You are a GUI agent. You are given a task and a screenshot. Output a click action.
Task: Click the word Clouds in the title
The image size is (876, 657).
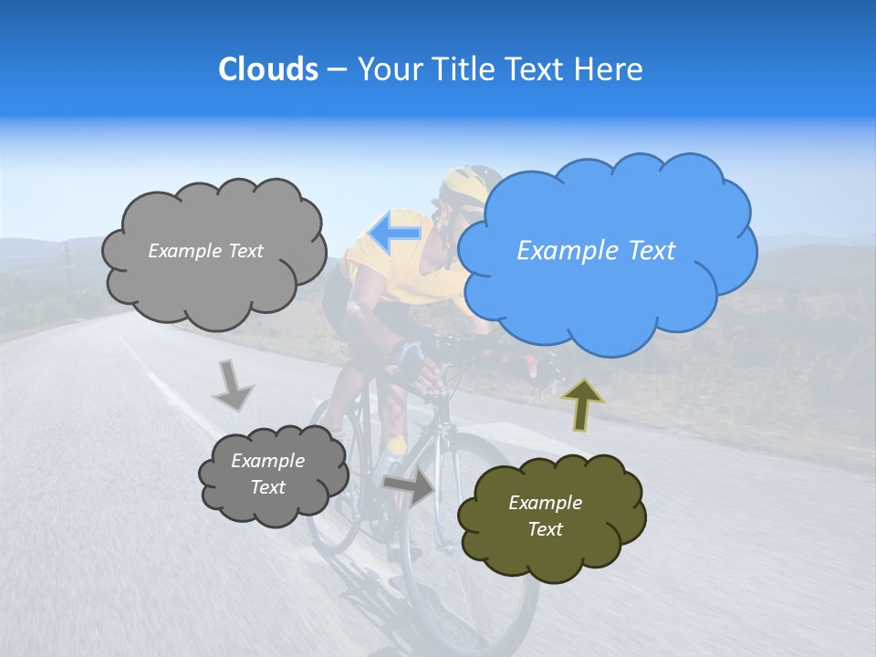click(x=268, y=69)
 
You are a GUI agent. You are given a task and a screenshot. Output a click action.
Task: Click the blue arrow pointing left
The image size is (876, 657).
click(x=395, y=233)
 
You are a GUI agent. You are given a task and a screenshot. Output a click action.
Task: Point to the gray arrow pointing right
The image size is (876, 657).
click(x=409, y=487)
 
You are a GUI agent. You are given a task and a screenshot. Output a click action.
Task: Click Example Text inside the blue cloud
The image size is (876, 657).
click(x=596, y=251)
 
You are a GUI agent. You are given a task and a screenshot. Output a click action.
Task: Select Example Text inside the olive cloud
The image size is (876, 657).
click(x=545, y=516)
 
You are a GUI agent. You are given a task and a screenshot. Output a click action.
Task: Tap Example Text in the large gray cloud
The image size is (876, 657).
click(x=205, y=251)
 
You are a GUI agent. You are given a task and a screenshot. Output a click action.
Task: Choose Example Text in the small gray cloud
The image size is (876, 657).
click(x=267, y=474)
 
